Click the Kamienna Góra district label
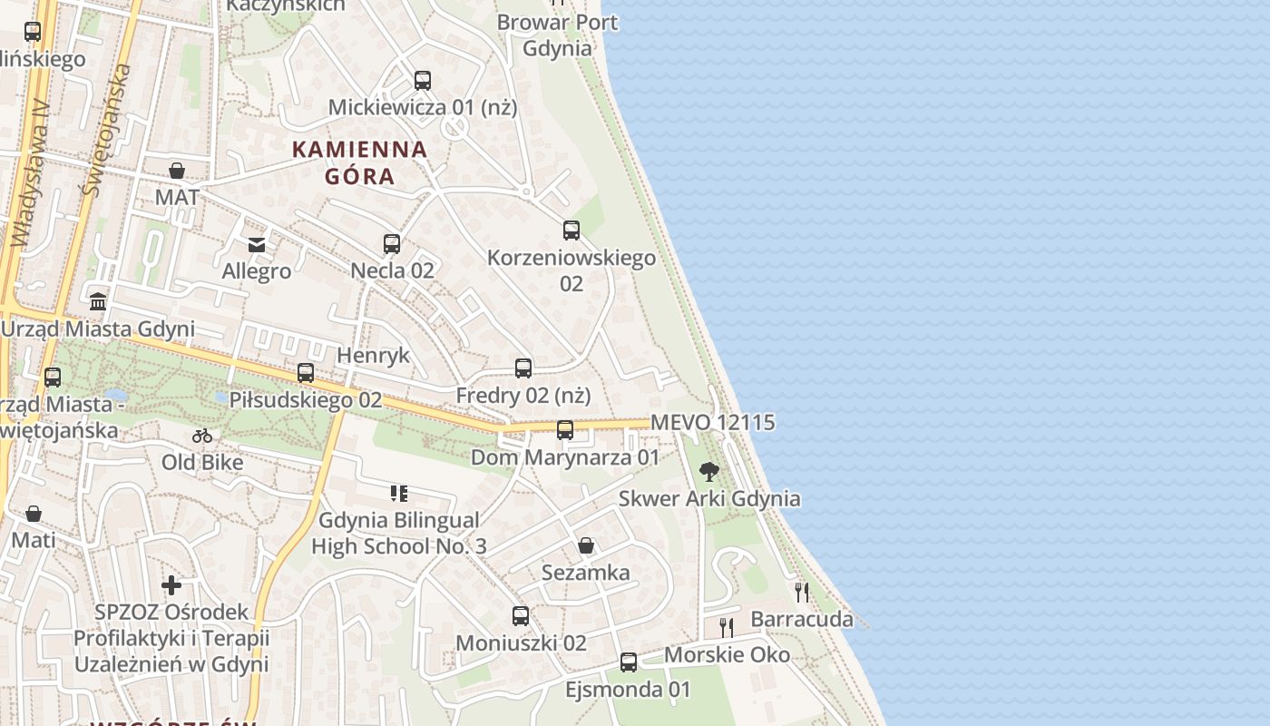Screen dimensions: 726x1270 (x=360, y=162)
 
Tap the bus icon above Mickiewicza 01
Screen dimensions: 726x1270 (x=423, y=80)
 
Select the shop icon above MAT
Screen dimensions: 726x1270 (x=177, y=171)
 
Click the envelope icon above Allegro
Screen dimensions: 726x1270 (x=257, y=244)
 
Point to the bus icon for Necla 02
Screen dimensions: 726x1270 (x=392, y=243)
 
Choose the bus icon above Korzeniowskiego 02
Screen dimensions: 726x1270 (x=571, y=231)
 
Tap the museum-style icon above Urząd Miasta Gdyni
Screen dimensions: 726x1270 (x=98, y=301)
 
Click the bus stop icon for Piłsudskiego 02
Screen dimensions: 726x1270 (x=306, y=372)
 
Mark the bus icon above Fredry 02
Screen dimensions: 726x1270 (x=523, y=368)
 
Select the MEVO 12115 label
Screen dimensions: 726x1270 (x=713, y=422)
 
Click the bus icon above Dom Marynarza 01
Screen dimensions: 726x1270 (x=565, y=430)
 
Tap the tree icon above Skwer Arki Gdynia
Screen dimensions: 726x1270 (x=709, y=472)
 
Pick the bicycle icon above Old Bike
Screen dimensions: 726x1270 (x=202, y=436)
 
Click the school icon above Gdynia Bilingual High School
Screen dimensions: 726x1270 (x=399, y=494)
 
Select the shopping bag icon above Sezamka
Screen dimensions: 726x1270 (x=586, y=545)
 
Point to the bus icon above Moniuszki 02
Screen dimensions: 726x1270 (x=521, y=616)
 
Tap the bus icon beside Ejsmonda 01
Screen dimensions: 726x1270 (x=629, y=662)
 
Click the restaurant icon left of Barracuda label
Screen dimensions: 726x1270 (x=727, y=626)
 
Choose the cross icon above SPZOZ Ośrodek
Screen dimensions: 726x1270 (x=171, y=585)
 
